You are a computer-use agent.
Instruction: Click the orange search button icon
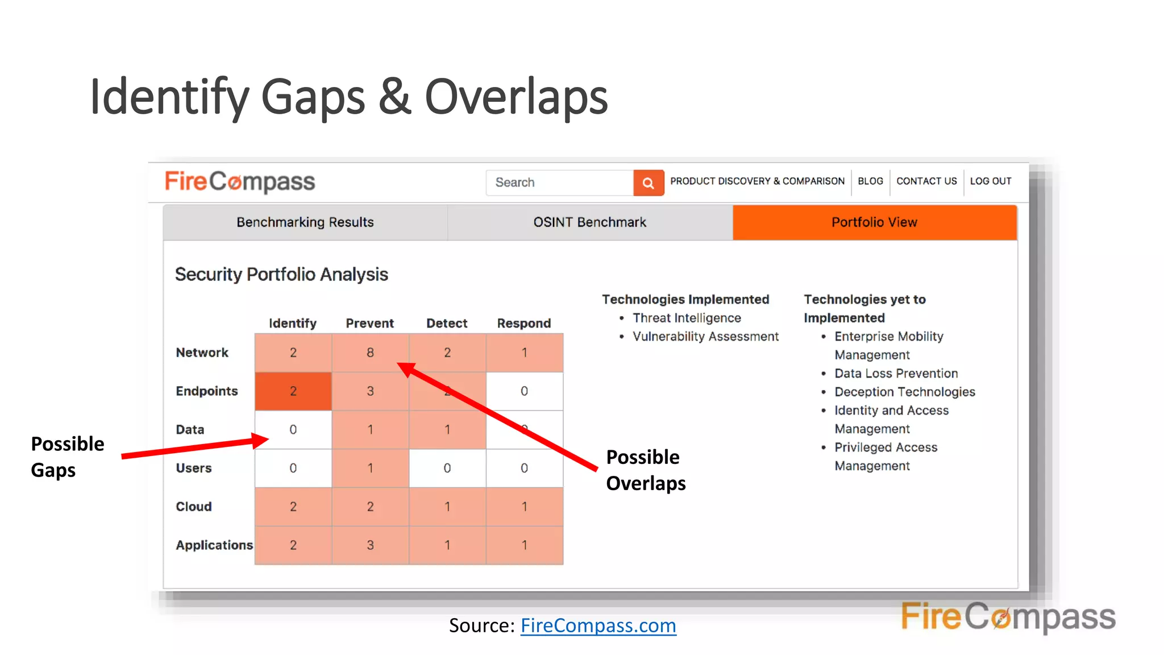coord(648,183)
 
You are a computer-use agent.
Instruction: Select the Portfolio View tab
coord(874,222)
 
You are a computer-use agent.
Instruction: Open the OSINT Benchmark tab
coord(589,222)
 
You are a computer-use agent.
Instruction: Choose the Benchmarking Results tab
coord(305,222)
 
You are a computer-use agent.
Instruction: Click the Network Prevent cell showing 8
coord(370,353)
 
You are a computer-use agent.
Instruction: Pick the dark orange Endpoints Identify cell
coord(293,391)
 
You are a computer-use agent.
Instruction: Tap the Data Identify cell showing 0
coord(293,430)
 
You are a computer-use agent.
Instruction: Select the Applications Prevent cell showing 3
coord(370,545)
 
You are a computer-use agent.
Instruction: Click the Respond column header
coord(523,324)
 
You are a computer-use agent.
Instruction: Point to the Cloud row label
coord(194,507)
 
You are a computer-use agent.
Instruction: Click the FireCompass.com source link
coord(598,625)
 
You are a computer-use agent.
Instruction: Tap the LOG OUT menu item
coord(990,181)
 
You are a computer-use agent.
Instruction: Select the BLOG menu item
coord(870,181)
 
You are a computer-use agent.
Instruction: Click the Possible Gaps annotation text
coord(67,457)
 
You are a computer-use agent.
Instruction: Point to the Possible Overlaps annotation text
coord(646,470)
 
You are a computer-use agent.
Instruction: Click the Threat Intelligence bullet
coord(687,318)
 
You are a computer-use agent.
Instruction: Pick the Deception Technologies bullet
coord(904,392)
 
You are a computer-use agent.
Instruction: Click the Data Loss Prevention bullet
coord(896,374)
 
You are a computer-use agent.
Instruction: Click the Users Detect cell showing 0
coord(447,469)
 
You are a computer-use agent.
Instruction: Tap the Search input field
coord(559,183)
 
